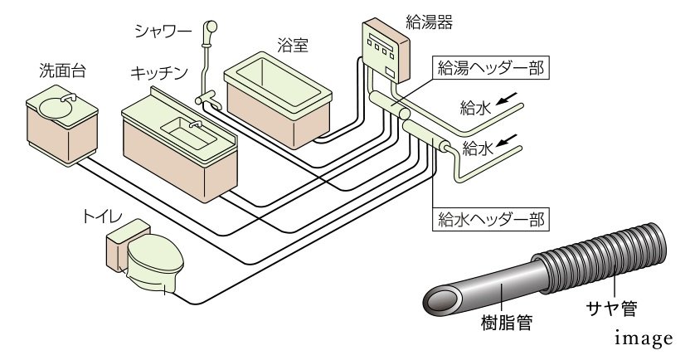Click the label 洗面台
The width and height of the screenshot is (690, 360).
coord(61,72)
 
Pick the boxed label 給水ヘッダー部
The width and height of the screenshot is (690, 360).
coord(491,220)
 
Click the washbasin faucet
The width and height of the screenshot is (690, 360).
coord(67,99)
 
